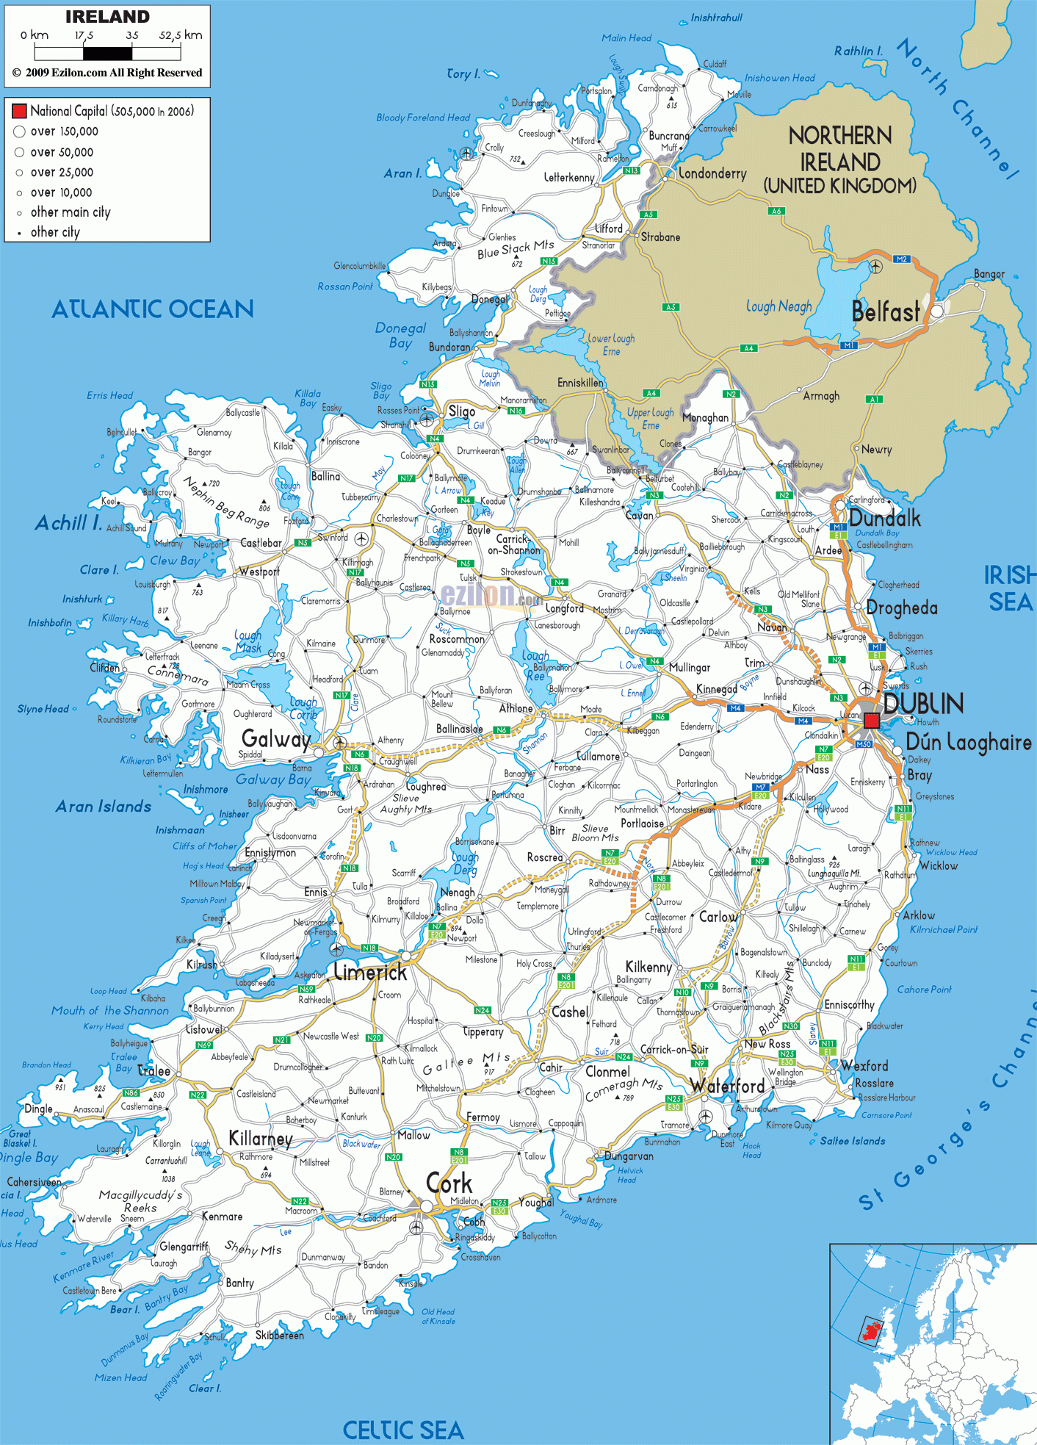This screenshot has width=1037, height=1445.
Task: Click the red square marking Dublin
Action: (871, 721)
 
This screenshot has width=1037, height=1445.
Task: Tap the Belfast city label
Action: (885, 312)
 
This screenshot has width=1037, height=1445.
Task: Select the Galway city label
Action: (275, 738)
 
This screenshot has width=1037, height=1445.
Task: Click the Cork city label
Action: (449, 1183)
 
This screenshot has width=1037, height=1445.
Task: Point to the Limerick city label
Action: (370, 973)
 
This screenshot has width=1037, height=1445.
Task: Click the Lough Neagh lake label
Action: (778, 306)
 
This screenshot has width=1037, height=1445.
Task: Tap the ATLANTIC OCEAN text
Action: (153, 309)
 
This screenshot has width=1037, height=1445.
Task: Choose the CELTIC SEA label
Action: (403, 1430)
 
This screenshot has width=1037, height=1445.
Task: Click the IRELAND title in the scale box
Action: (107, 17)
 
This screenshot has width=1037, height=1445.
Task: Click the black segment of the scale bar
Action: (107, 53)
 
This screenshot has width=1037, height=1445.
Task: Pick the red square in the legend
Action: (19, 111)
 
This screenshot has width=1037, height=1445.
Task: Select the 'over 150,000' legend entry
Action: (64, 131)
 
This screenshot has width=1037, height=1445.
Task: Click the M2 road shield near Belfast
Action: (902, 259)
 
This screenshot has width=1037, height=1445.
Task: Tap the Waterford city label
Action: (727, 1086)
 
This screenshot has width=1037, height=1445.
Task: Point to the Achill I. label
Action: (68, 523)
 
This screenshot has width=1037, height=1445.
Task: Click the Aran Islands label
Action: (104, 807)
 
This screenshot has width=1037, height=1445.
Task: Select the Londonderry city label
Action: (712, 173)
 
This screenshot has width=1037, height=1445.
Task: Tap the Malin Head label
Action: (626, 38)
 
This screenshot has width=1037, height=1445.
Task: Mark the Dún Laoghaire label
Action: (968, 743)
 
